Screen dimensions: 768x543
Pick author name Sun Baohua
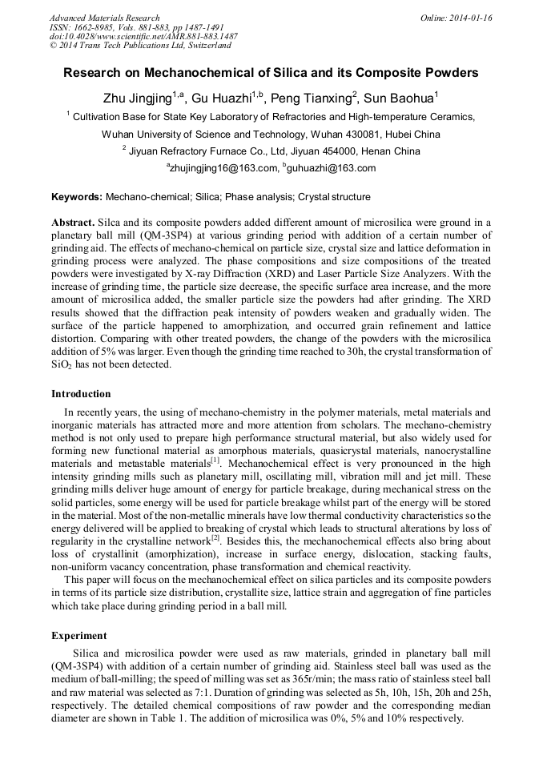click(x=398, y=99)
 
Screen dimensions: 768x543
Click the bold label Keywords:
click(x=77, y=196)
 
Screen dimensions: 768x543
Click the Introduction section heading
click(x=81, y=394)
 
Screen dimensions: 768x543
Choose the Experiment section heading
click(x=78, y=635)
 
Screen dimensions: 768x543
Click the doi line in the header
click(x=143, y=36)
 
